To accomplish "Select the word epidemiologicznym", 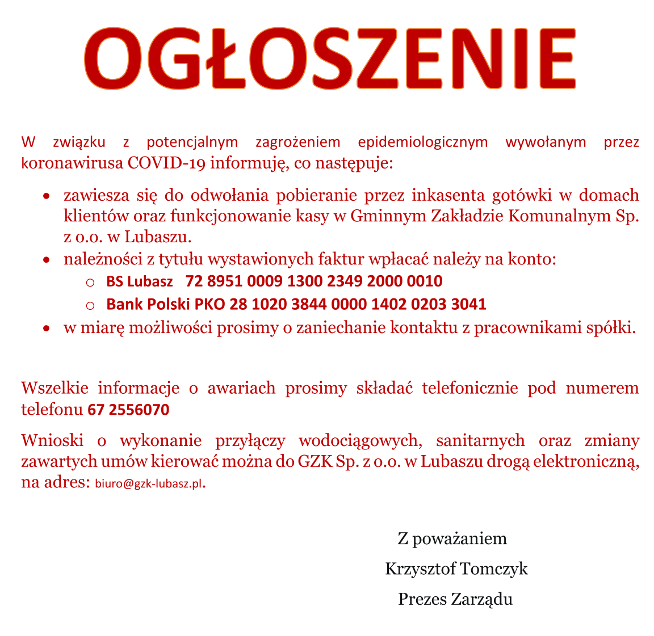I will (423, 141).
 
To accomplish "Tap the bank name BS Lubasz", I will (140, 281).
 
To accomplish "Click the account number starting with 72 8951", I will (314, 281).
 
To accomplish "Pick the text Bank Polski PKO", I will (166, 304).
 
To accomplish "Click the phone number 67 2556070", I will (128, 410).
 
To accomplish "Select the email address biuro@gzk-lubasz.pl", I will (149, 485).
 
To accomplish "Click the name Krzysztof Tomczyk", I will (456, 568).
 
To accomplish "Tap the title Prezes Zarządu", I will (455, 599).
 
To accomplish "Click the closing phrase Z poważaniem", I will (452, 538).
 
